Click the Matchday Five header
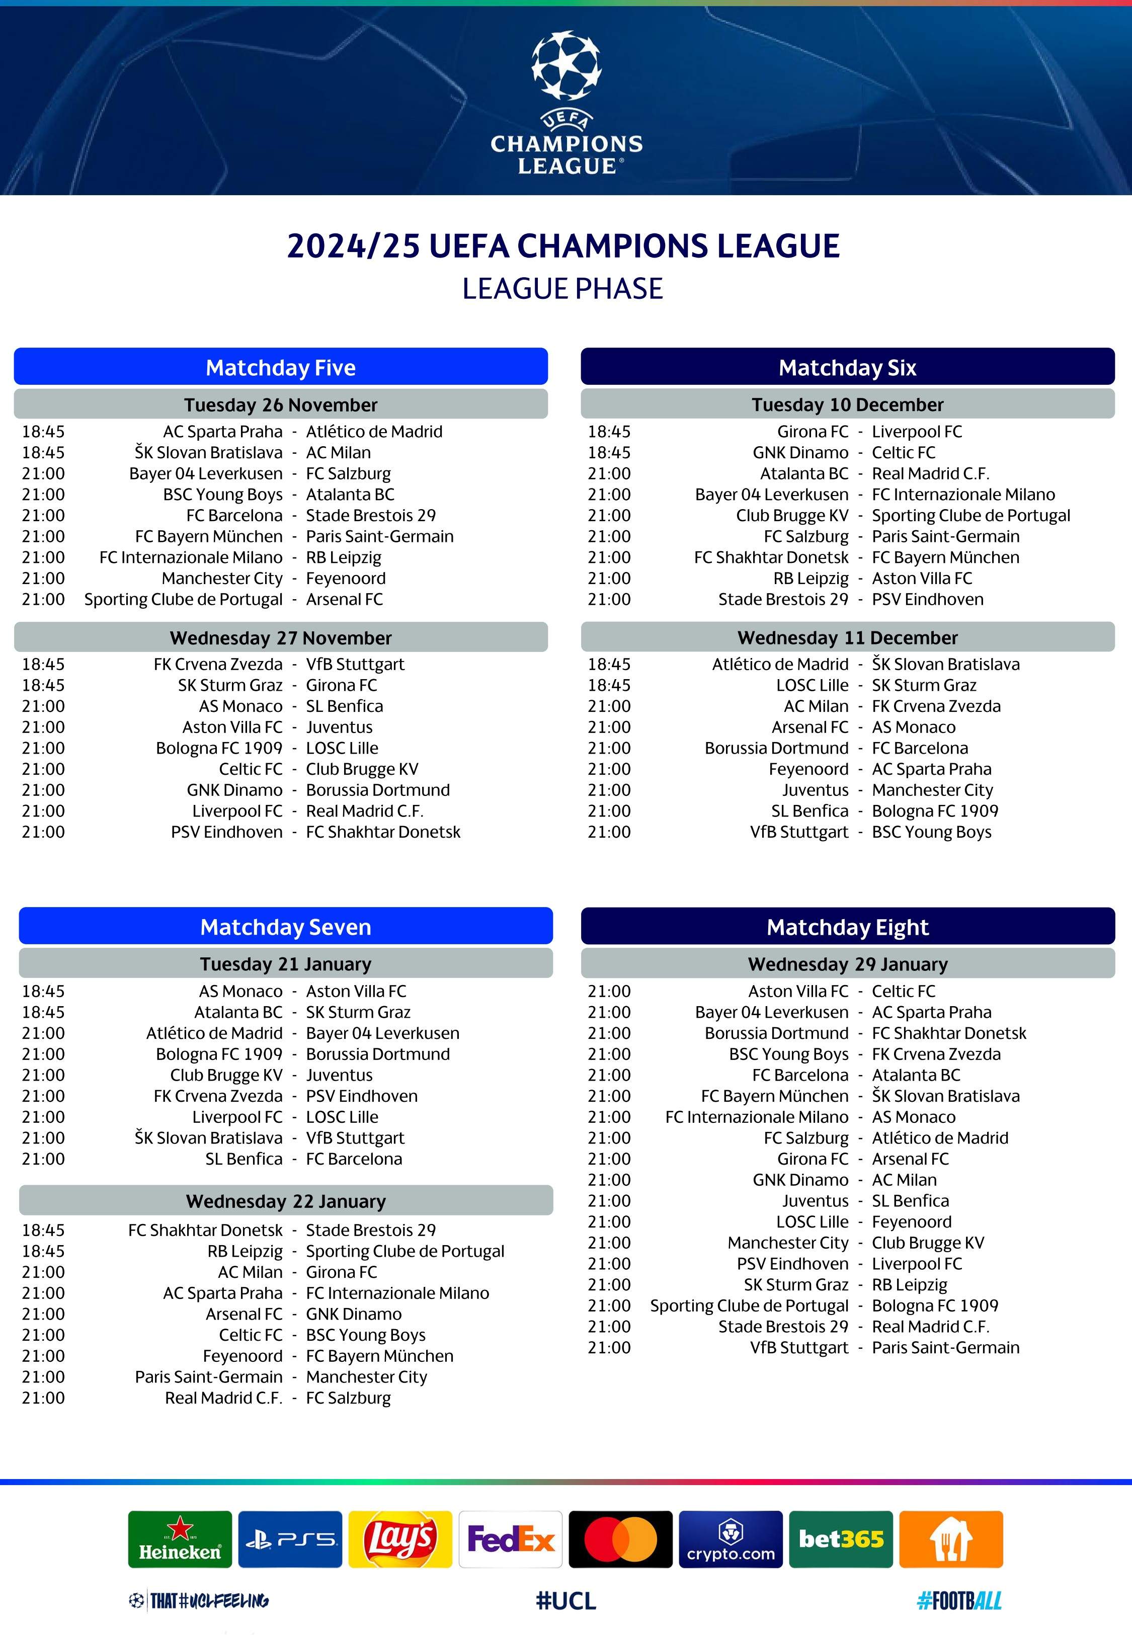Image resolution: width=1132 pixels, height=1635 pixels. click(281, 367)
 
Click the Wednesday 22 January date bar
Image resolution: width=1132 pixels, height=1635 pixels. click(286, 1201)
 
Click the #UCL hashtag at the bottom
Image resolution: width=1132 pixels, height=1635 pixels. click(566, 1600)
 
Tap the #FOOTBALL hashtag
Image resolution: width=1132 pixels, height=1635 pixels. click(959, 1600)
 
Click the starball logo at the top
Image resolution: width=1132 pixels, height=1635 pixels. click(566, 65)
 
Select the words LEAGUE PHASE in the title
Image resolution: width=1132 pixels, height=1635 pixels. click(562, 289)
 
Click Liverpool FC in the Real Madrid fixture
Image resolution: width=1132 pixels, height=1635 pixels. click(237, 811)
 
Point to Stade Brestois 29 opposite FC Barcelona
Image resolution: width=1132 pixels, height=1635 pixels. click(370, 516)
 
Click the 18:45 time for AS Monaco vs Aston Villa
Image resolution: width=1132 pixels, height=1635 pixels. click(43, 991)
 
